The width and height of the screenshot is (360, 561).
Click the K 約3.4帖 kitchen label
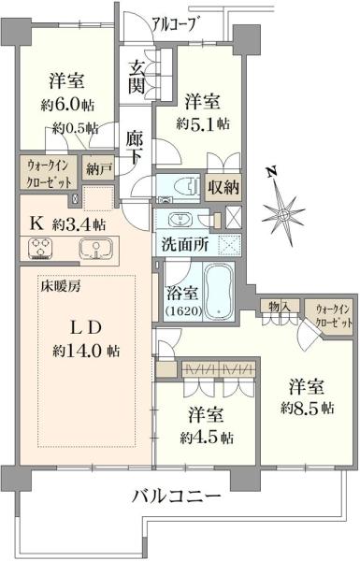pos(67,224)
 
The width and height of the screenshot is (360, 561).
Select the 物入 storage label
pos(281,306)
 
